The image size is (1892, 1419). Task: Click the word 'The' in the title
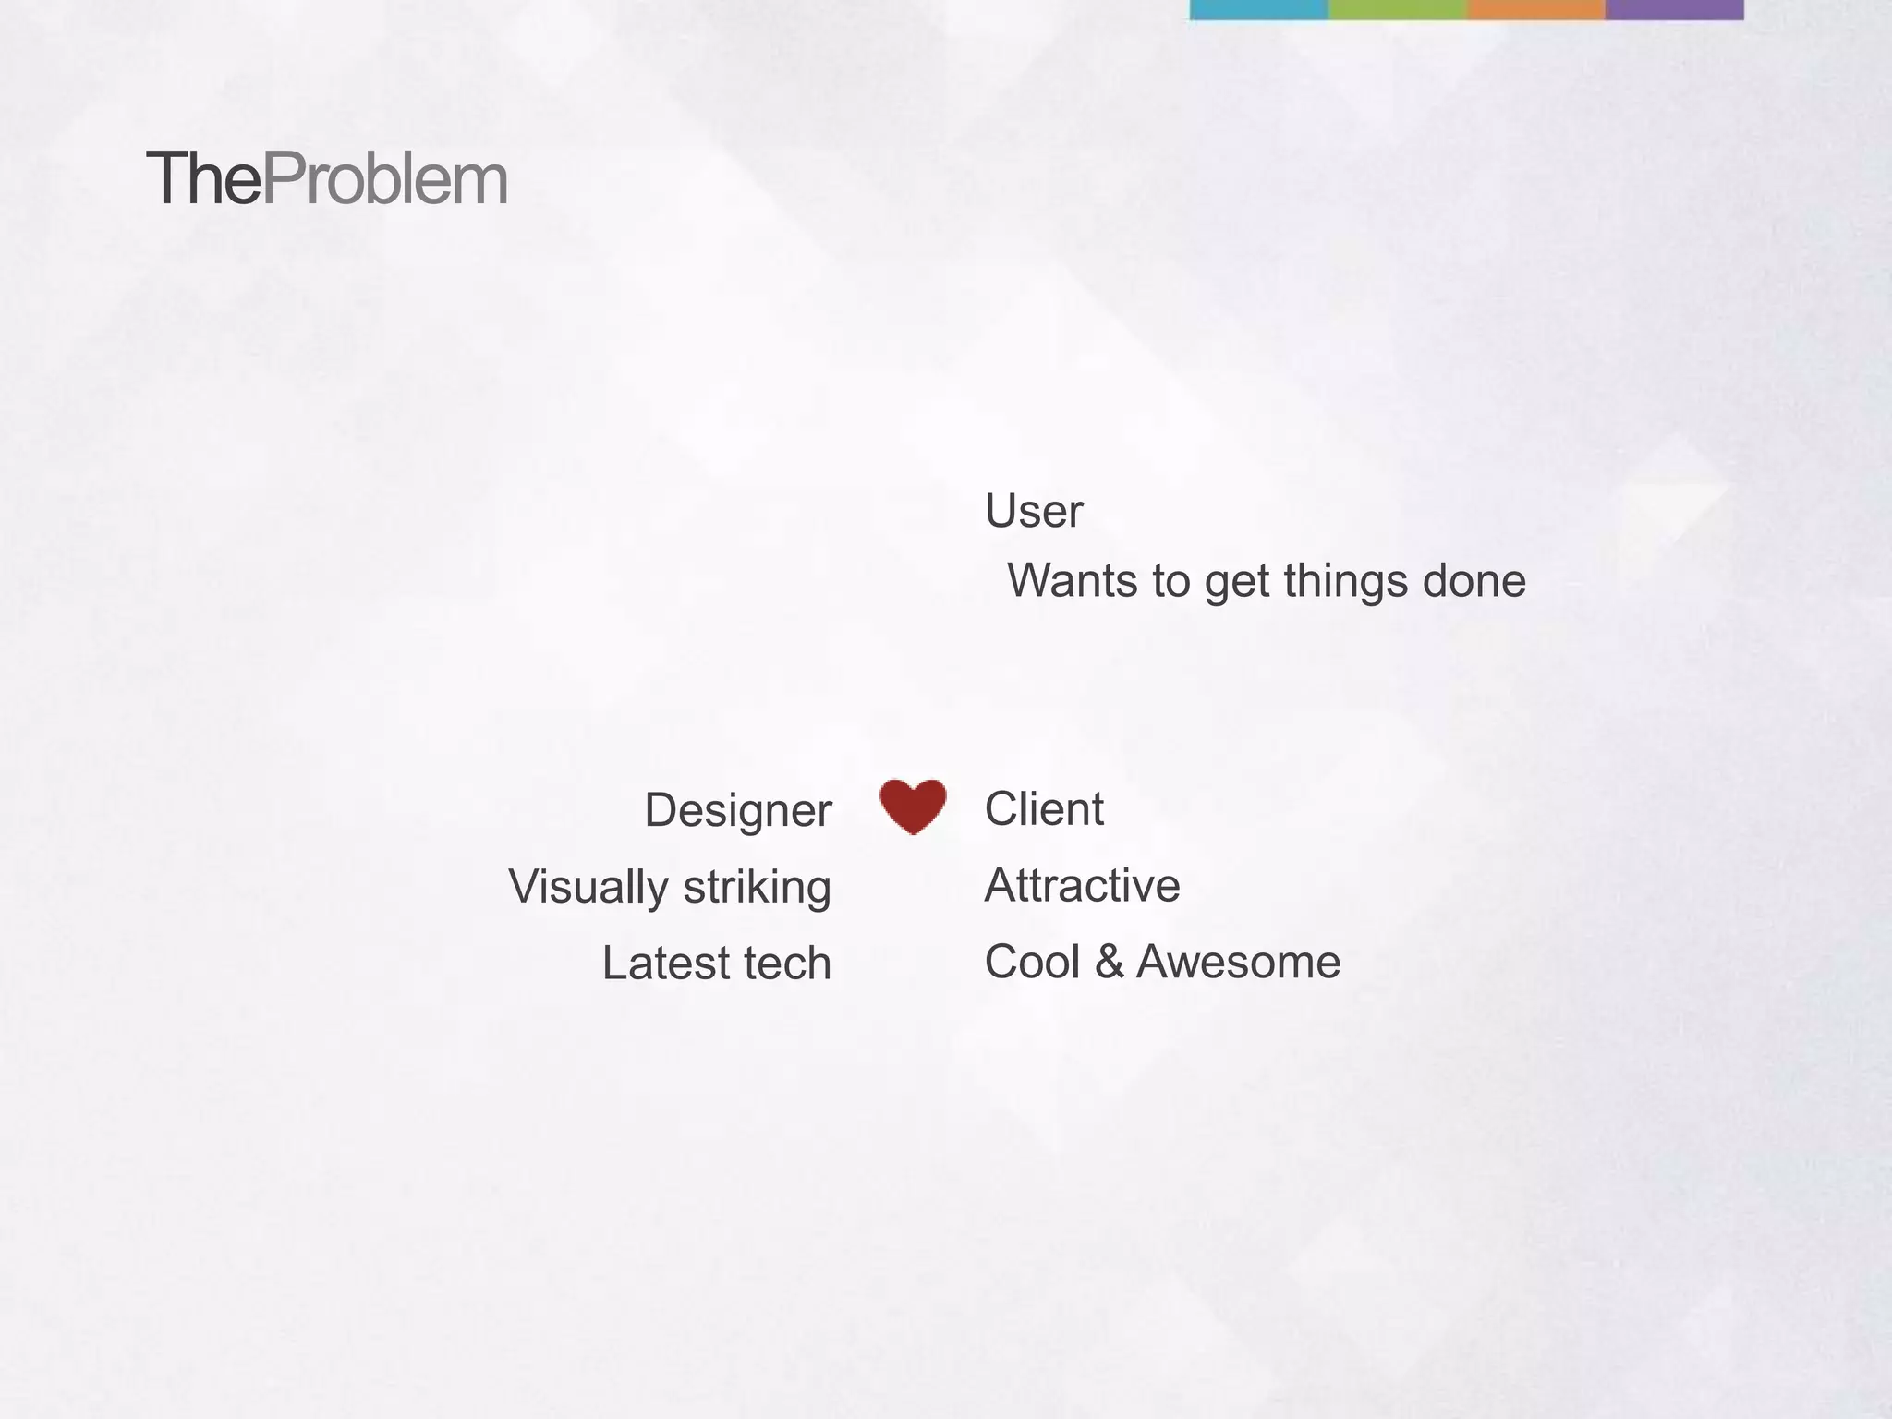coord(203,179)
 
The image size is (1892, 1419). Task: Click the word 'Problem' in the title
coord(385,179)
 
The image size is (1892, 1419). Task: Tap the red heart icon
coord(913,806)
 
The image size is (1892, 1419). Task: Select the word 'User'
coord(1033,511)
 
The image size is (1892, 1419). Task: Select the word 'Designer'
coord(737,810)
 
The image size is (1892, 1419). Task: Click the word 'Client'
coord(1044,809)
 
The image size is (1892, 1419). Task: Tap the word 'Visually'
coord(588,887)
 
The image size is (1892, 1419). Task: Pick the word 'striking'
coord(757,887)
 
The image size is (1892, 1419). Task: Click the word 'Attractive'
coord(1082,885)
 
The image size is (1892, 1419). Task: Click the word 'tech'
coord(787,963)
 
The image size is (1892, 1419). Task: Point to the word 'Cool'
coord(1032,962)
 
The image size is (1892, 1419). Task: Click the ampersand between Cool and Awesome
coord(1110,962)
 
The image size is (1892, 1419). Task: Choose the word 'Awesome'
coord(1238,962)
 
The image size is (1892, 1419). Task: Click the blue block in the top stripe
coord(1258,9)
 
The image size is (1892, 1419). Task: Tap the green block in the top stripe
coord(1397,9)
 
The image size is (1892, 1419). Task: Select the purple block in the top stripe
coord(1674,9)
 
